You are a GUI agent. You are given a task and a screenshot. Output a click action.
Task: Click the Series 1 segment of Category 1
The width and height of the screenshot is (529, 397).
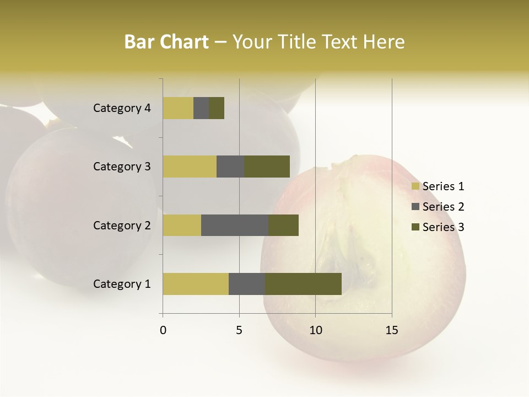(196, 284)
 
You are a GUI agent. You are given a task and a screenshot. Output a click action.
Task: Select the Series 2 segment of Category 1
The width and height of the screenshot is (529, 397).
(247, 284)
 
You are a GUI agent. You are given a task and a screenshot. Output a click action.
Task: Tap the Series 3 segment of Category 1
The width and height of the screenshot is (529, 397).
(303, 284)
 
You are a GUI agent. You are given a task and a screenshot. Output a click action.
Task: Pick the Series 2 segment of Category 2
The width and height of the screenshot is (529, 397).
(235, 225)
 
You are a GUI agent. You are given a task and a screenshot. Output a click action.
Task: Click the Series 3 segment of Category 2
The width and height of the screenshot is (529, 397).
(283, 225)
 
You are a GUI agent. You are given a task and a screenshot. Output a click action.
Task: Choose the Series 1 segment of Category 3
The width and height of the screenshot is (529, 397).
(190, 167)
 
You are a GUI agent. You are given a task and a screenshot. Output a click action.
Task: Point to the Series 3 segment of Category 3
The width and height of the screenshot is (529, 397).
(267, 167)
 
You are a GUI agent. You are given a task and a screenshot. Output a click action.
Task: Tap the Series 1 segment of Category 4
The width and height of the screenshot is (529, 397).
(178, 108)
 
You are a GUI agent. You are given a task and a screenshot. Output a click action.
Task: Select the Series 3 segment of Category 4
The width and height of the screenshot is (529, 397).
(217, 108)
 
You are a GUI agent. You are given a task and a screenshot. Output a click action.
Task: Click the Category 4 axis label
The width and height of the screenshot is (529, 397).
(122, 108)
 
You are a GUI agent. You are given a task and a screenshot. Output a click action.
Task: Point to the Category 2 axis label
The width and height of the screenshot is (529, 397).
(122, 225)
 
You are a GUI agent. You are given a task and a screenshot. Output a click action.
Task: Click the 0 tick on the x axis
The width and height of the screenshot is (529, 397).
(163, 330)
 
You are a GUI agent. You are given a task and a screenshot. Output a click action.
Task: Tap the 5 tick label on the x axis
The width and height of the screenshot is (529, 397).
(239, 330)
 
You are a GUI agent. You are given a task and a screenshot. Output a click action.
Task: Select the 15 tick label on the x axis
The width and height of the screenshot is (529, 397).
(391, 330)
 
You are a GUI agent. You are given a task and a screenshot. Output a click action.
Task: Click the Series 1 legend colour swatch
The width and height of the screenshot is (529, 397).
(415, 186)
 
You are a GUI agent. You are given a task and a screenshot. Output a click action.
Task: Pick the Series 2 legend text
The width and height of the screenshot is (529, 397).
(443, 207)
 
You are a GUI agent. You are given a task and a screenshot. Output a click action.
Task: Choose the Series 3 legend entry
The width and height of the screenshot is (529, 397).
(438, 227)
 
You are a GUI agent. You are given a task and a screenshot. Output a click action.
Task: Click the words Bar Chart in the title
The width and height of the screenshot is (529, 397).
(166, 42)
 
